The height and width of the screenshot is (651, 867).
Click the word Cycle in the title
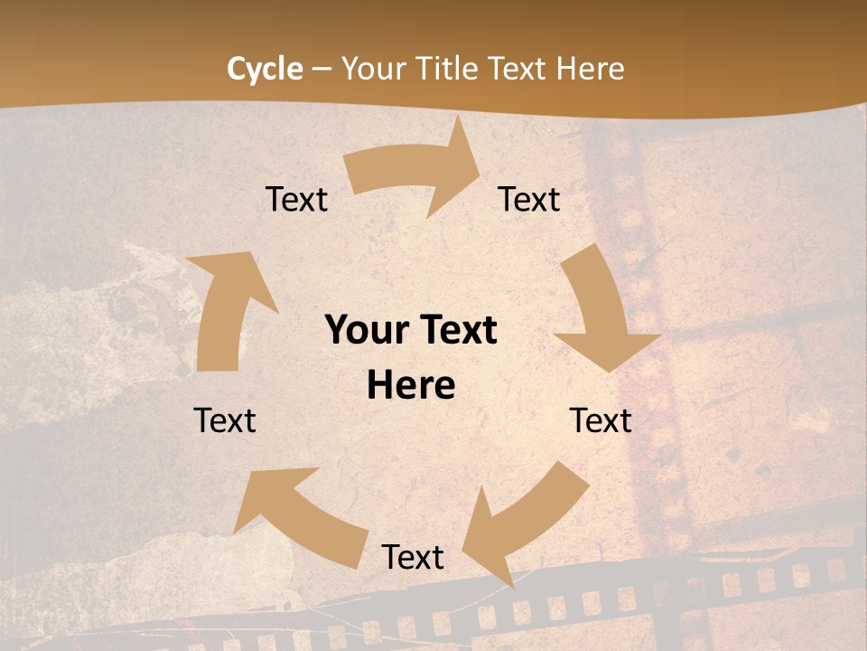265,69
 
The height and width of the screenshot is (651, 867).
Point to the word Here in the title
590,69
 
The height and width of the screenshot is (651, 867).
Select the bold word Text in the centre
455,331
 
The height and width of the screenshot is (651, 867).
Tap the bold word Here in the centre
411,386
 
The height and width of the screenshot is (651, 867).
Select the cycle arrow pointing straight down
601,312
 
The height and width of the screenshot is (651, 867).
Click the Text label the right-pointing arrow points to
529,199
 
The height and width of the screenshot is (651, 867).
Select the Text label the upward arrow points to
296,199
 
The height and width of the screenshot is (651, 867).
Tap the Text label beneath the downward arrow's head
601,420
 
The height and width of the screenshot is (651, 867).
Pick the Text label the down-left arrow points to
413,557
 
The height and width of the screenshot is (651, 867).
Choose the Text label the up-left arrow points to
225,420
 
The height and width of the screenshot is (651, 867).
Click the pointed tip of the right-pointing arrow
480,166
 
